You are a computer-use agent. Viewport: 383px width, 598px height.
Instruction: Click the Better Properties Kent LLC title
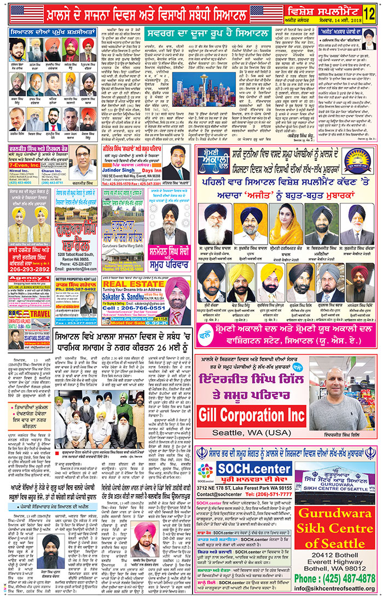tap(76, 278)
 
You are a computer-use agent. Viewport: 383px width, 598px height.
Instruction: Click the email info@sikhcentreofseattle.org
tap(335, 589)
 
